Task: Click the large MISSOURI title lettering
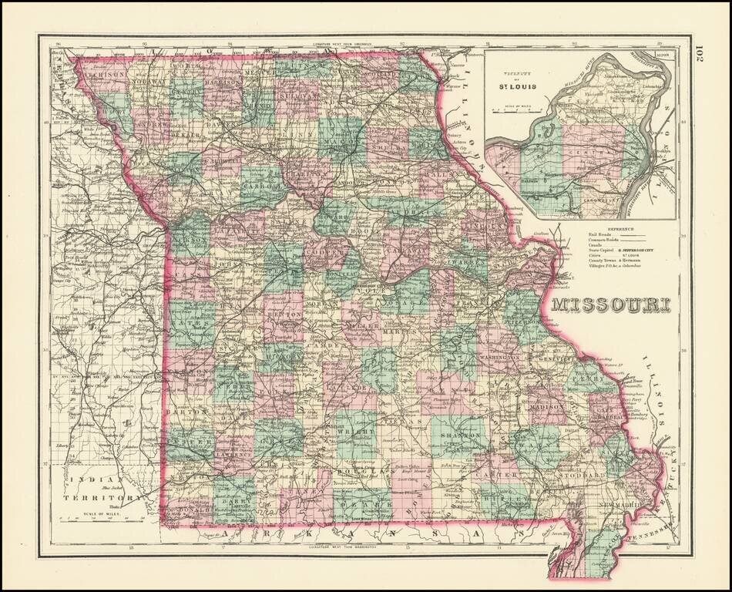pyautogui.click(x=609, y=304)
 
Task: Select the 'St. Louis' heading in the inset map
pyautogui.click(x=522, y=85)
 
